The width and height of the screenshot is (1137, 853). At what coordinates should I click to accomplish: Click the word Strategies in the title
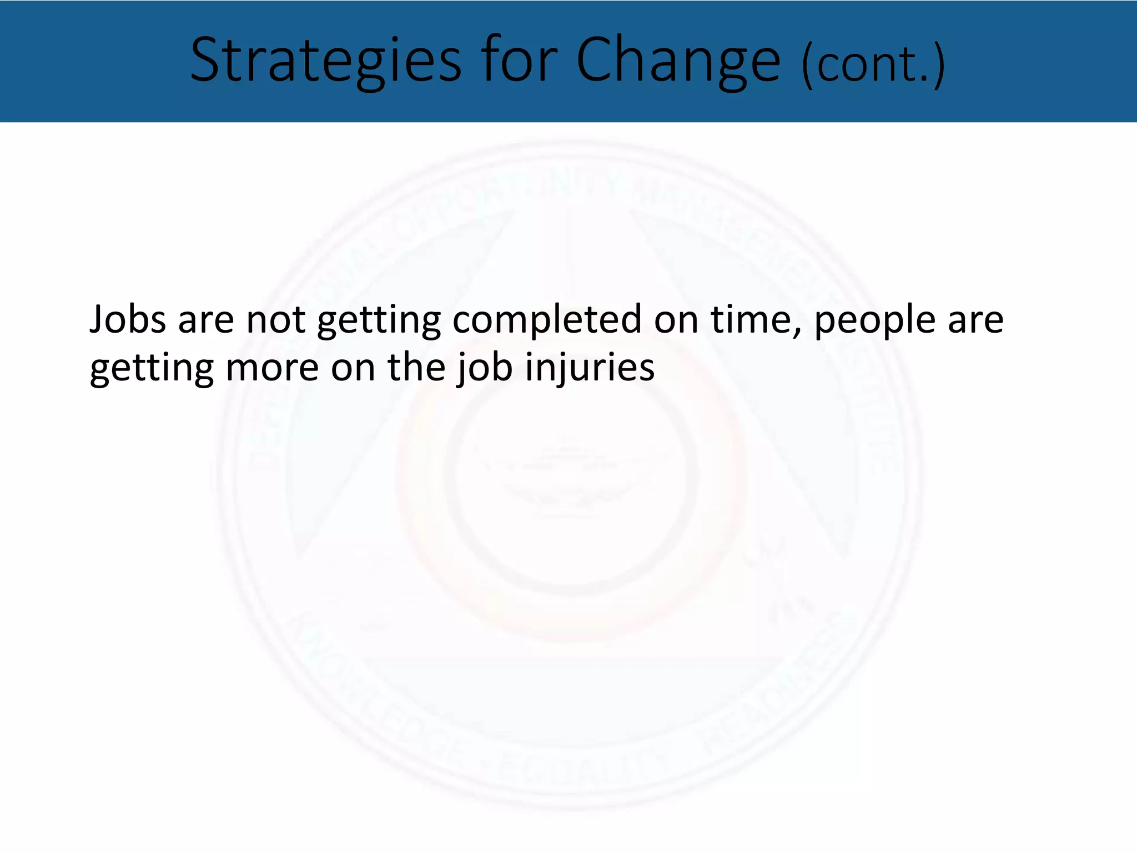coord(326,60)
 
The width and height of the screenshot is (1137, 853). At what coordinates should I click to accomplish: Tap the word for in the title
coord(519,60)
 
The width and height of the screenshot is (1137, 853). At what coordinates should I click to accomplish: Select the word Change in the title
coord(678,60)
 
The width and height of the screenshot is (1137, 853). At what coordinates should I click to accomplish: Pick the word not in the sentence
coord(276,320)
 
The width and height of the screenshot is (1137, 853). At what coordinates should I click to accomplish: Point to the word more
coord(272,368)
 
